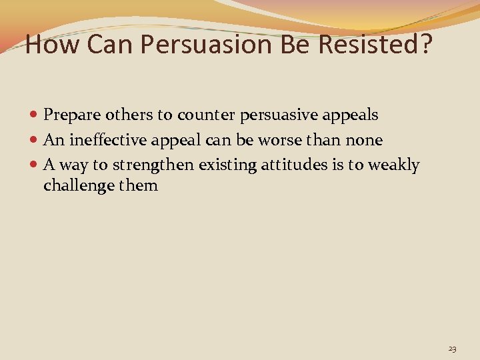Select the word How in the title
(x=45, y=45)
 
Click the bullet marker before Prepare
(x=35, y=115)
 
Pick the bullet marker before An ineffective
(x=35, y=141)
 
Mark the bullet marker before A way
(x=35, y=165)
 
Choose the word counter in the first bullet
(x=203, y=115)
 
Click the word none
(x=364, y=140)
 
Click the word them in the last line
(x=138, y=185)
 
